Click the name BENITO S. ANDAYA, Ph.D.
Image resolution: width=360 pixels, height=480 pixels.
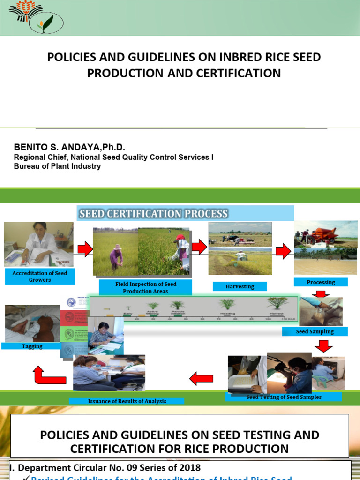[69, 147]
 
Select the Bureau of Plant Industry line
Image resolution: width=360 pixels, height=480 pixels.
[57, 166]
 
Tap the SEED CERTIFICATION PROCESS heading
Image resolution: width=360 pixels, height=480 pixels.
[154, 214]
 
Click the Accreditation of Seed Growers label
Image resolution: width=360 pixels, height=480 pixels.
[40, 277]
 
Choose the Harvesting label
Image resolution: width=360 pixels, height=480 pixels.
[240, 286]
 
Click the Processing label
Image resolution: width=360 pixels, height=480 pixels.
[321, 282]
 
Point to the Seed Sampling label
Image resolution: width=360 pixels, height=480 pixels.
[315, 331]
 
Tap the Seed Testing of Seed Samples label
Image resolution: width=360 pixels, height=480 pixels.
[284, 397]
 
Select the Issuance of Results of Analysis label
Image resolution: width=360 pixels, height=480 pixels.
[127, 401]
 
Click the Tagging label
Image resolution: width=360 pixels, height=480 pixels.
[32, 346]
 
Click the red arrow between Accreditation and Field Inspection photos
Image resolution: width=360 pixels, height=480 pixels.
[85, 249]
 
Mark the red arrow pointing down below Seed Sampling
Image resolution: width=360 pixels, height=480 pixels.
[323, 346]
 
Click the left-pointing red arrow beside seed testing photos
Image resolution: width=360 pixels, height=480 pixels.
[201, 377]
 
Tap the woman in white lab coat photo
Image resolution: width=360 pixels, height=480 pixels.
[38, 244]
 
